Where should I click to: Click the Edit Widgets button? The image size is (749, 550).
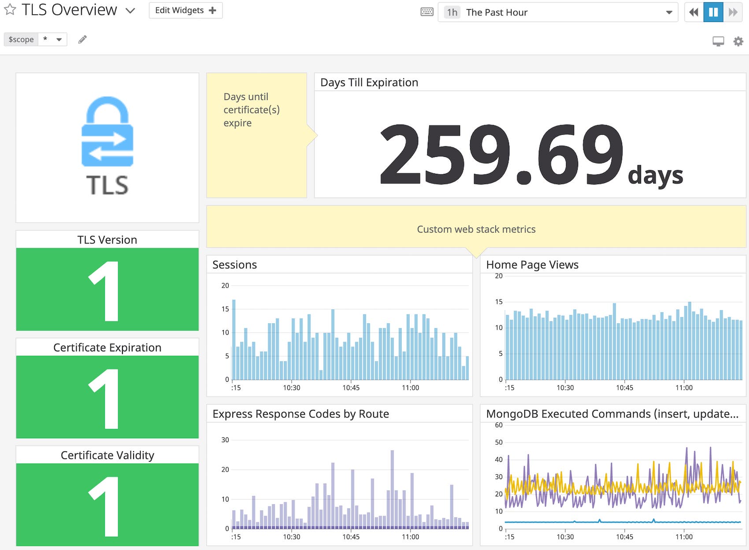coord(185,11)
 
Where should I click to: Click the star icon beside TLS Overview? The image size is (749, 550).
coord(10,9)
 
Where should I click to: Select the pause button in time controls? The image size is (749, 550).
coord(713,12)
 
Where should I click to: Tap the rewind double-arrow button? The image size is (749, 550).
coord(693,12)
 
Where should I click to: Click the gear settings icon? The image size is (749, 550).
coord(738,41)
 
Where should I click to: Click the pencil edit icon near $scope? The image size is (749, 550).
coord(82,40)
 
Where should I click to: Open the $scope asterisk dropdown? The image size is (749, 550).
coord(52,39)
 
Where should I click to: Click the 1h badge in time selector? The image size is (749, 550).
coord(452,12)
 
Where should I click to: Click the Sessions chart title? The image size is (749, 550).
coord(234,265)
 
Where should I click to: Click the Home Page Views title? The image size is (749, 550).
coord(532,265)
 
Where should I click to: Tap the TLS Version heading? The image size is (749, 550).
coord(107,240)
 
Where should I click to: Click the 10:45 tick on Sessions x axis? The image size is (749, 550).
coord(351,388)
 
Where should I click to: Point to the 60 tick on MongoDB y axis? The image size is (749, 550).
coord(498,425)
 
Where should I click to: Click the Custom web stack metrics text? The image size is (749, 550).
coord(476,229)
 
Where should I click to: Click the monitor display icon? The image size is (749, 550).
coord(718,41)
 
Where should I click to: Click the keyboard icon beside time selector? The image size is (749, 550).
coord(426,12)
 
